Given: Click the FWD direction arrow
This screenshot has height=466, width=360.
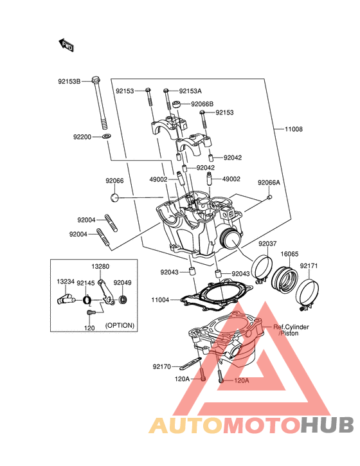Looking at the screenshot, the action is pos(66,45).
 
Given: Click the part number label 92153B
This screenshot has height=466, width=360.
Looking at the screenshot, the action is pos(69,81).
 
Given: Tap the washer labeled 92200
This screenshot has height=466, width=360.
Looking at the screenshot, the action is pos(106,136).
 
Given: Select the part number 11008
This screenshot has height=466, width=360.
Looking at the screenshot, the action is pos(293,129).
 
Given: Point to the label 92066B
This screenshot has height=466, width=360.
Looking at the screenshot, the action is pos(202,104).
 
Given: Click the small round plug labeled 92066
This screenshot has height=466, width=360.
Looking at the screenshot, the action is pos(114,197).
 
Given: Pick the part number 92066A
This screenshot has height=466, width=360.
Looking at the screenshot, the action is pos(269,183).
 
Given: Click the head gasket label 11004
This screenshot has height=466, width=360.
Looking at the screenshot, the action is pos(160,300).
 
